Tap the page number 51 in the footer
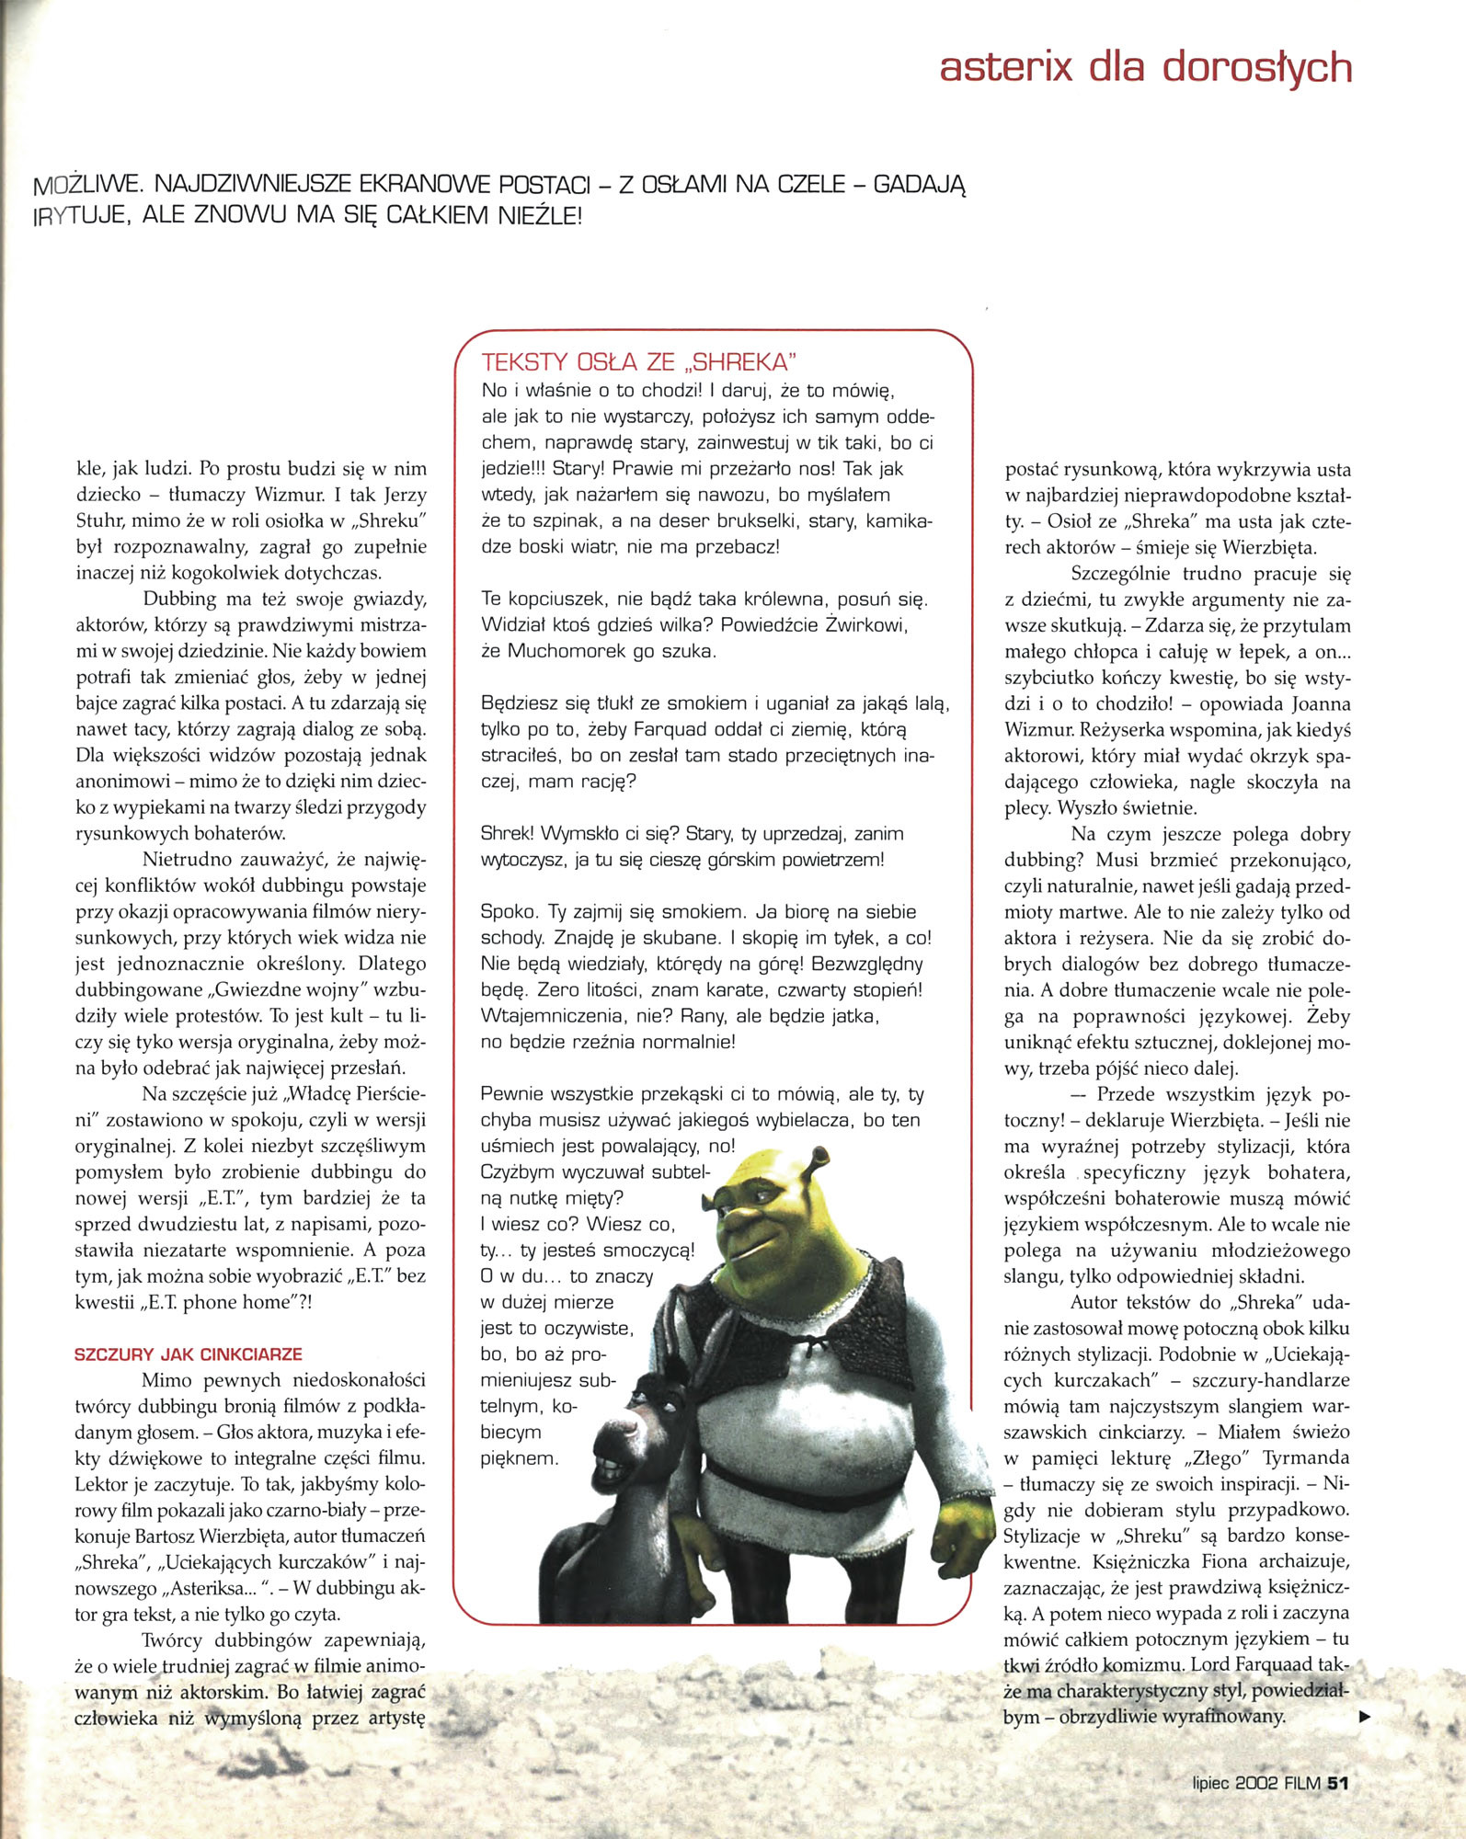1337,1783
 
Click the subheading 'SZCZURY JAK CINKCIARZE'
189,1354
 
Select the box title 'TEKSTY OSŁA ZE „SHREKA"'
639,361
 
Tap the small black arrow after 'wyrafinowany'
1365,1716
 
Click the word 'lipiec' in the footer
1211,1783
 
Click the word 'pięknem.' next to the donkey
519,1458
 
